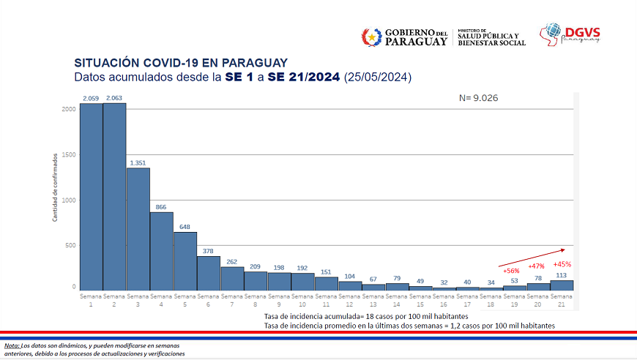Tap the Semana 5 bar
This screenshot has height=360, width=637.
click(x=185, y=260)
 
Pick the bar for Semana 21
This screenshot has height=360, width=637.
click(x=562, y=285)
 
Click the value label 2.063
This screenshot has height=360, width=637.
click(x=114, y=97)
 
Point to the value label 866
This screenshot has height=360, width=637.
click(x=161, y=207)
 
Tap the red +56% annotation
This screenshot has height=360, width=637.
click(x=511, y=271)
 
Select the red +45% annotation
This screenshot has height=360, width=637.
click(x=562, y=264)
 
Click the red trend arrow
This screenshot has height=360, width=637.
click(x=531, y=257)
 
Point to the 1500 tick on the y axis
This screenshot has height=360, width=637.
click(x=69, y=154)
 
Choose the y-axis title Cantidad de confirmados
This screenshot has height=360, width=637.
click(x=55, y=187)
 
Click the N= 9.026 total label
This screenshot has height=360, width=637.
click(x=478, y=97)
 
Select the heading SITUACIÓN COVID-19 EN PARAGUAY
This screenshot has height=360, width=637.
click(x=181, y=63)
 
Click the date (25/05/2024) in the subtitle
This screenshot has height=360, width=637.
click(x=378, y=77)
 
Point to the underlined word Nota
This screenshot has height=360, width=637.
click(x=12, y=345)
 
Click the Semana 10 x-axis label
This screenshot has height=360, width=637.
click(x=302, y=300)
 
